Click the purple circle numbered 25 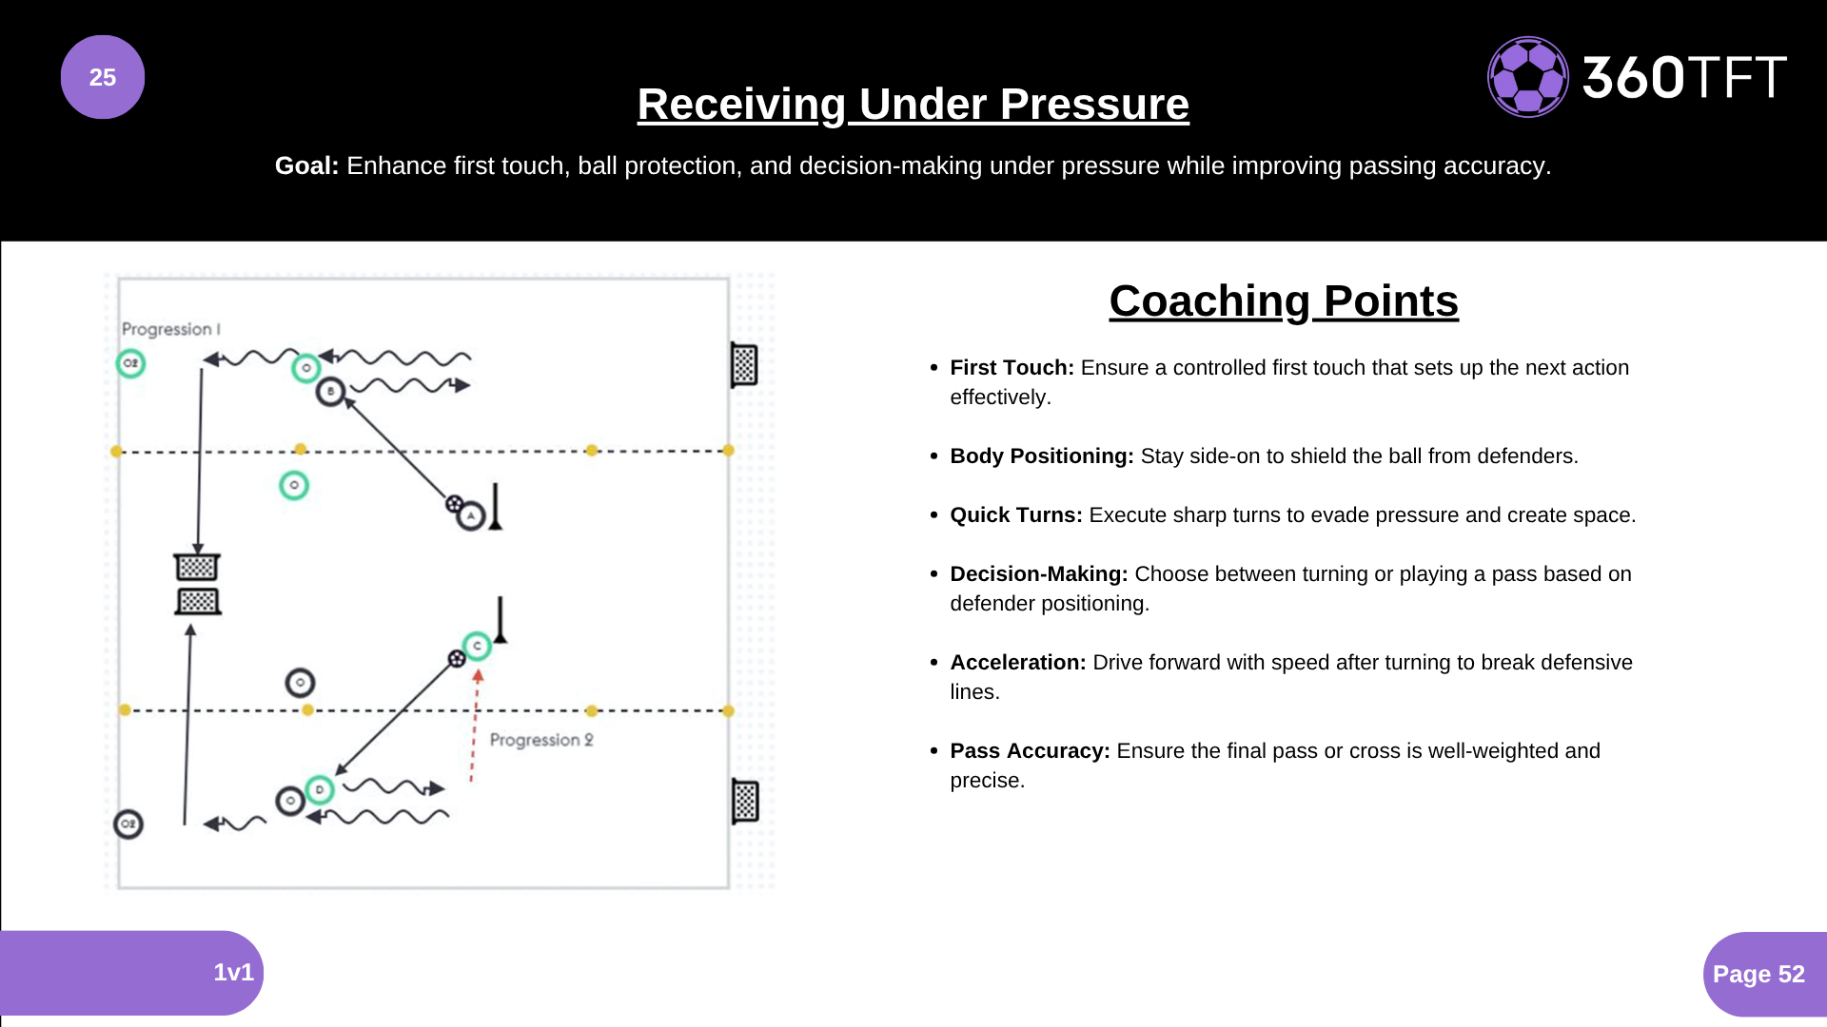pyautogui.click(x=103, y=77)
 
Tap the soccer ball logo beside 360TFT pyautogui.click(x=1527, y=77)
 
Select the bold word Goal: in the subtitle pyautogui.click(x=306, y=165)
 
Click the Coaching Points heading pyautogui.click(x=1284, y=301)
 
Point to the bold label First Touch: pyautogui.click(x=1012, y=368)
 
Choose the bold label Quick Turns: pyautogui.click(x=1015, y=515)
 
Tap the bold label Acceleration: pyautogui.click(x=1017, y=663)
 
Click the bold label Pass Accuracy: pyautogui.click(x=1030, y=751)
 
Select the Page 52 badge pyautogui.click(x=1758, y=974)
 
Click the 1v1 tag pyautogui.click(x=233, y=972)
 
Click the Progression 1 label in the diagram pyautogui.click(x=170, y=329)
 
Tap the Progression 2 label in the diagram pyautogui.click(x=541, y=740)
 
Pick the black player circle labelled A pyautogui.click(x=471, y=515)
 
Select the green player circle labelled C pyautogui.click(x=477, y=646)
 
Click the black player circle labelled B pyautogui.click(x=330, y=391)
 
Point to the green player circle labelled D pyautogui.click(x=320, y=789)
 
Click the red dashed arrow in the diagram pyautogui.click(x=475, y=727)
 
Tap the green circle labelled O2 pyautogui.click(x=130, y=363)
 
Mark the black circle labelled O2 pyautogui.click(x=128, y=824)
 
